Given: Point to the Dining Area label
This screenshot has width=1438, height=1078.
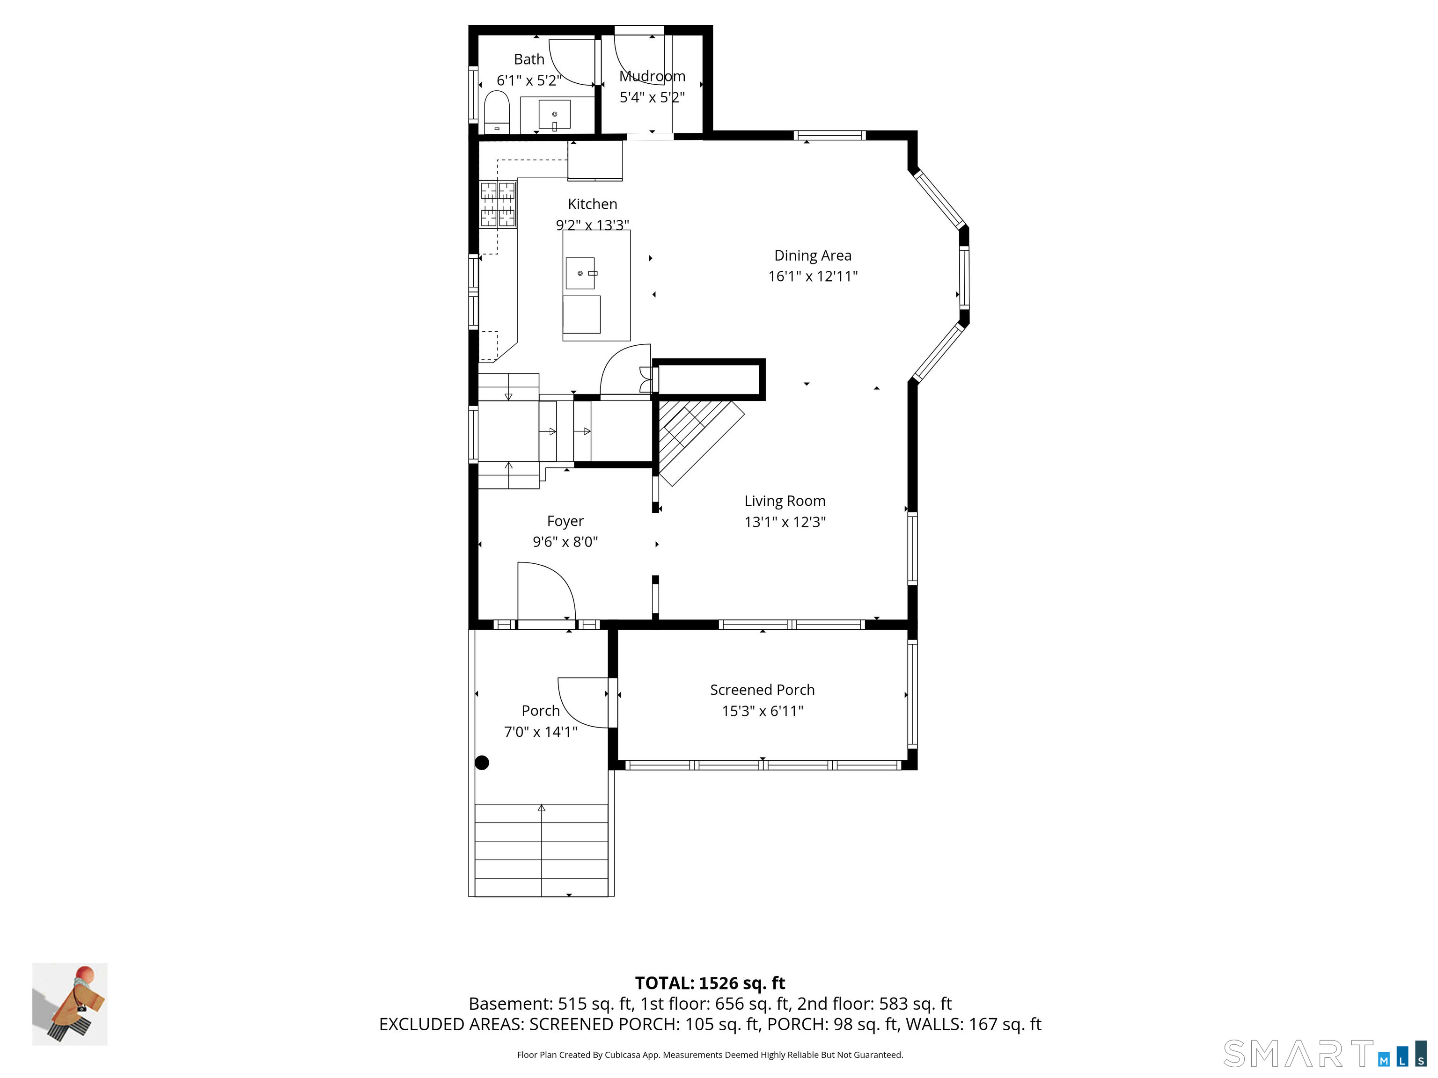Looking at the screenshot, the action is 813,255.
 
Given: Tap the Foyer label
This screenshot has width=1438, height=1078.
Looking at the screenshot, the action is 565,521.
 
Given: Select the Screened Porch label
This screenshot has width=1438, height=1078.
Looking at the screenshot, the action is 762,690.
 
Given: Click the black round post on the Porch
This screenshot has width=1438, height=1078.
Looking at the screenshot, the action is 482,763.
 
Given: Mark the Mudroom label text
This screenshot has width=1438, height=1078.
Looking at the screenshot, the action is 652,76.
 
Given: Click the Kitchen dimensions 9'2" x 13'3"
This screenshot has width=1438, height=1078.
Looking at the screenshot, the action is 592,225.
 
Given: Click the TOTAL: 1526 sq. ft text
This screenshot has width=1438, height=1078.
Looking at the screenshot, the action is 710,983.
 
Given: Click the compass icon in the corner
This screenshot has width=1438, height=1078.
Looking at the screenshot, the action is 70,1004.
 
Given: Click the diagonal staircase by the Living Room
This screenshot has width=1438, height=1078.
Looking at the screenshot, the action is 699,442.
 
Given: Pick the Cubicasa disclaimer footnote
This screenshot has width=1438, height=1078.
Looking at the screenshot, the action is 710,1055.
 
